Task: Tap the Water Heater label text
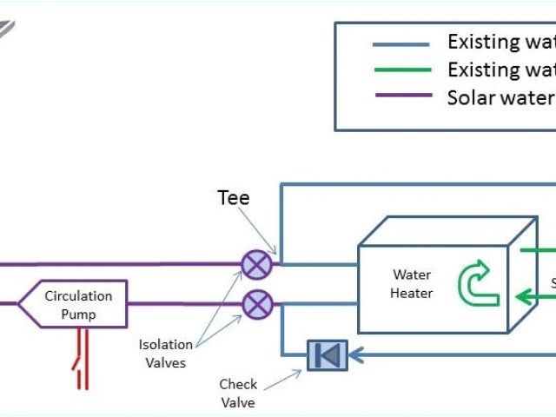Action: (411, 284)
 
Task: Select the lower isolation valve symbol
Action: (256, 304)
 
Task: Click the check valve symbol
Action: (328, 354)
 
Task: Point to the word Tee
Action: (233, 198)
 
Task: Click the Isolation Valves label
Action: (162, 354)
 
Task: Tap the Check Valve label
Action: (238, 393)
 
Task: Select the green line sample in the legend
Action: (400, 69)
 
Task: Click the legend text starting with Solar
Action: (500, 96)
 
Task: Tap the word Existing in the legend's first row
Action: (480, 41)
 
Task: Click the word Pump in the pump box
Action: (78, 314)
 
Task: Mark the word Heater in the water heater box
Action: (411, 294)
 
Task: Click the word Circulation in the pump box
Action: (78, 295)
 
